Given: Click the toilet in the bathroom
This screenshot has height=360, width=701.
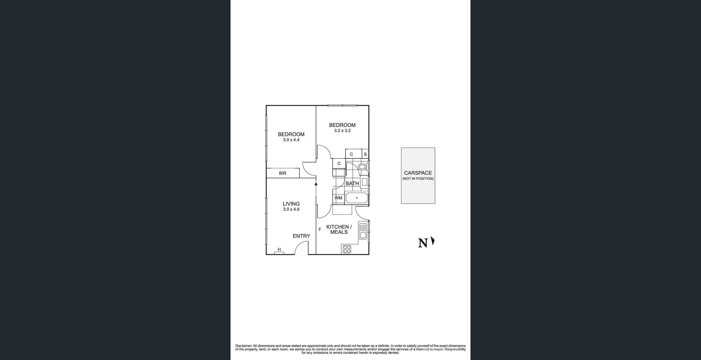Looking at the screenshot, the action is coord(362,167).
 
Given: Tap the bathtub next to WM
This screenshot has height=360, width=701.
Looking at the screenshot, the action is coord(356,198).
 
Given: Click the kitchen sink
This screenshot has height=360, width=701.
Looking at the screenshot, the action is coord(362,231).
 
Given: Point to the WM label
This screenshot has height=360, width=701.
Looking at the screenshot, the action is coord(338,198).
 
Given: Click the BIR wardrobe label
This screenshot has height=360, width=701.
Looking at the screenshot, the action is coord(282,173).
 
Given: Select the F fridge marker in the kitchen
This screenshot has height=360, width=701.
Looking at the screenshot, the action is coord(320,230).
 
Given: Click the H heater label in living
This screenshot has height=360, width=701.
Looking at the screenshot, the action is coord(279,249).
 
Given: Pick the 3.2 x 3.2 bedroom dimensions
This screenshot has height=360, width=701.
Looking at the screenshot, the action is coord(342,131).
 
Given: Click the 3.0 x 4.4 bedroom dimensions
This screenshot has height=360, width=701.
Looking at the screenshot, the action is coord(291,140).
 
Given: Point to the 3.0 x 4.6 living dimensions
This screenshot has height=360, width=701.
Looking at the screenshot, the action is coord(291,209).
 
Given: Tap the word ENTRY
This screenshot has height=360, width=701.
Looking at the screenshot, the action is coord(301,236).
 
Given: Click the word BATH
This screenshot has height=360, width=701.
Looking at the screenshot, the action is coord(352,183).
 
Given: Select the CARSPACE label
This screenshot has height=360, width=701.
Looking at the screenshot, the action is coord(418,173).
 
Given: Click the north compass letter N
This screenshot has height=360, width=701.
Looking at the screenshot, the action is coord(423,243).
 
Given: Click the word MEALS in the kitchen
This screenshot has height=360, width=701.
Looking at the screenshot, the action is coord(339,232).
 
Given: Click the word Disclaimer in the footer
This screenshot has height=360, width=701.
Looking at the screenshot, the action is coord(244,346).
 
